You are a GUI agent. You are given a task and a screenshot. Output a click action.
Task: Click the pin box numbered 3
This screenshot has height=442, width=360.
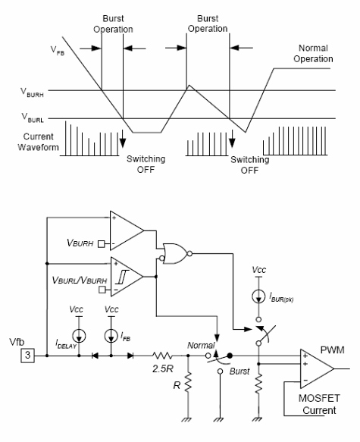point(27,355)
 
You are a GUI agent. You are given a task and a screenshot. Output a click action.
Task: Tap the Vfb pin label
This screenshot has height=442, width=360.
point(17,342)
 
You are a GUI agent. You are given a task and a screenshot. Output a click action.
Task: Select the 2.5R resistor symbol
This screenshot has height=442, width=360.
point(162,356)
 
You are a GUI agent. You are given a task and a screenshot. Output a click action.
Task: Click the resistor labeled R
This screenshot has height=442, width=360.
point(188,382)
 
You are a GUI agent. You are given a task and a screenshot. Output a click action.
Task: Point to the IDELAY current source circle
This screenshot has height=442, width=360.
point(79,336)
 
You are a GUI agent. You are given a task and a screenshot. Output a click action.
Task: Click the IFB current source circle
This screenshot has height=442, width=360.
point(111,336)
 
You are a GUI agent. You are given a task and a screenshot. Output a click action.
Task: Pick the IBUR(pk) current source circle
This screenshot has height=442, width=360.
point(258,296)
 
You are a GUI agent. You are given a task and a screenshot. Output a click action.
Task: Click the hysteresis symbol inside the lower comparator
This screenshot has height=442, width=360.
point(123,277)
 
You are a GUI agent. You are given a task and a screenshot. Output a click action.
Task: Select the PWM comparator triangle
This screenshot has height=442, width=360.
point(317,368)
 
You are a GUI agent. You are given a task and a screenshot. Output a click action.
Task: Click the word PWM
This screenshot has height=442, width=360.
point(333,350)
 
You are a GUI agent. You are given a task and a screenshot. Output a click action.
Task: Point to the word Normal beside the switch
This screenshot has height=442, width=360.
point(201,345)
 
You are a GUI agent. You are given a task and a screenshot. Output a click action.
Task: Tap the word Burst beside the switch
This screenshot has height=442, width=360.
point(239,371)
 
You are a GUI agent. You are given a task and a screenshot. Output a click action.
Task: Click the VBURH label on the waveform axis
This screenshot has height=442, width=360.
point(32,92)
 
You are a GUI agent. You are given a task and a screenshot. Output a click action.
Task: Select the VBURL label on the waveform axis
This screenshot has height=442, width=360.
point(33,118)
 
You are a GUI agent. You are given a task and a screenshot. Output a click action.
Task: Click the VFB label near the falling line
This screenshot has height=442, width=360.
point(58,51)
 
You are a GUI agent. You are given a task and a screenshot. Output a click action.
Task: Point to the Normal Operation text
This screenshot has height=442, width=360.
point(313,53)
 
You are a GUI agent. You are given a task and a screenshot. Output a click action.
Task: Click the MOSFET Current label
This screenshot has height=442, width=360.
point(319,404)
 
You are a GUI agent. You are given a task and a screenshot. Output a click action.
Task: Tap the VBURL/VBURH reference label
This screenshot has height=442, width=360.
point(80,281)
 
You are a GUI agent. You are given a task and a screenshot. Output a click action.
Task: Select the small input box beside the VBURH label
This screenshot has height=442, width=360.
point(101,244)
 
